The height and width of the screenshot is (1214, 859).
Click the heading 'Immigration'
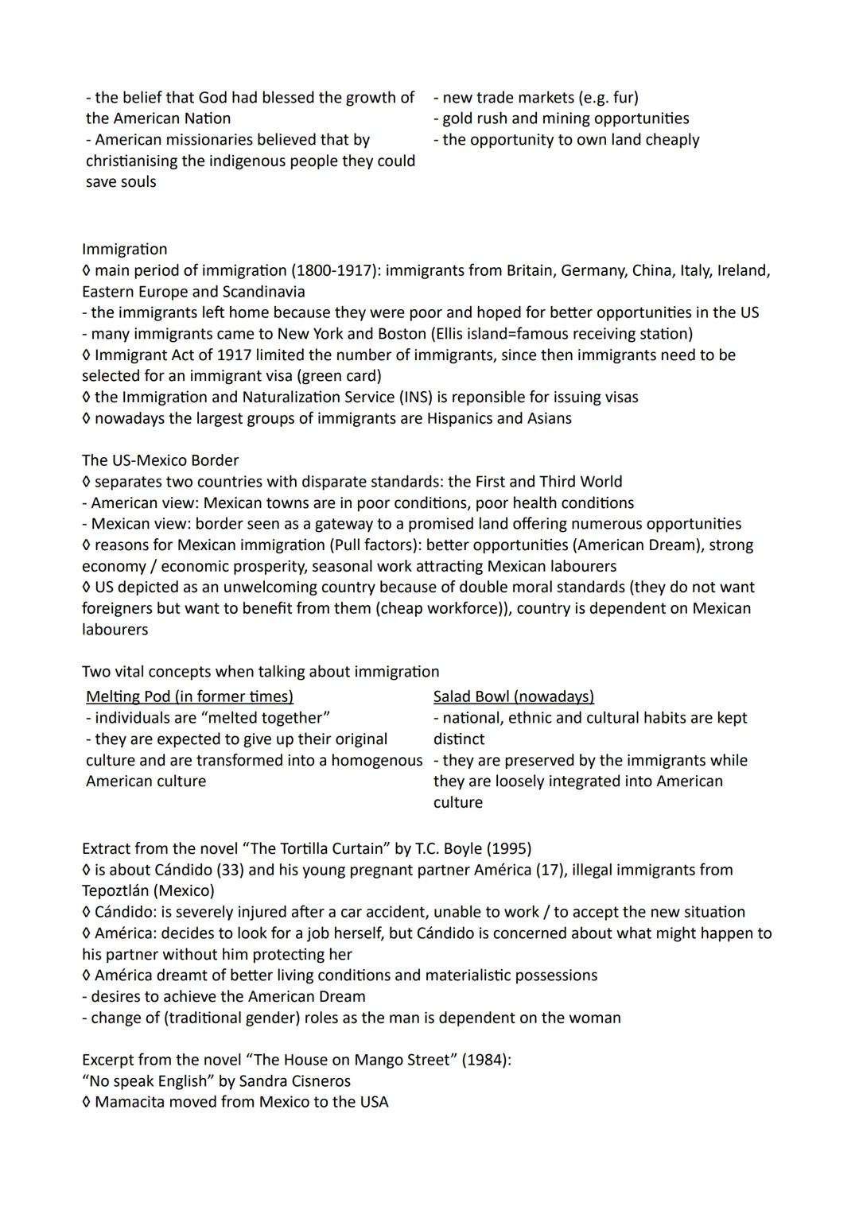click(x=124, y=249)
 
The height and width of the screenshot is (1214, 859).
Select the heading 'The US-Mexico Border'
click(x=160, y=460)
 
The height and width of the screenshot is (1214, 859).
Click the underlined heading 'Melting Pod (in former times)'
click(x=189, y=696)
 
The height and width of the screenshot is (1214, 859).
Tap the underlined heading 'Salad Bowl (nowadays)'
click(x=513, y=696)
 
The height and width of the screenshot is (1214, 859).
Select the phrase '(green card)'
click(x=336, y=375)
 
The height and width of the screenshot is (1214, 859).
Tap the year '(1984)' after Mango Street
click(x=484, y=1060)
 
